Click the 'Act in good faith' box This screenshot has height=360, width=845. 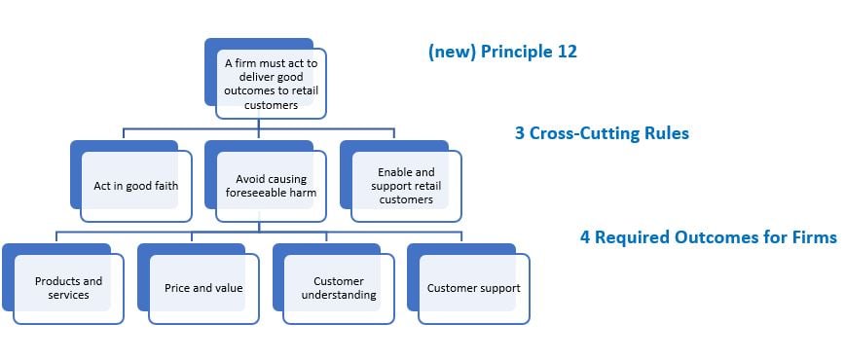pyautogui.click(x=136, y=186)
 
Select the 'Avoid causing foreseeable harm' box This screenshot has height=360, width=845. pyautogui.click(x=271, y=186)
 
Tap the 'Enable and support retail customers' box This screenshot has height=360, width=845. pyautogui.click(x=406, y=186)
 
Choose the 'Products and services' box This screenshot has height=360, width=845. pyautogui.click(x=68, y=288)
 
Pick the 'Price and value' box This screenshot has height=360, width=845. pyautogui.click(x=203, y=288)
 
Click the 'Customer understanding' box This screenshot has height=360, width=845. pyautogui.click(x=339, y=288)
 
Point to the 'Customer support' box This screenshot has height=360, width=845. pyautogui.click(x=474, y=288)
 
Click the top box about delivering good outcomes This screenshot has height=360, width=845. pyautogui.click(x=271, y=84)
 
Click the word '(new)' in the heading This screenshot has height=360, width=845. pyautogui.click(x=451, y=52)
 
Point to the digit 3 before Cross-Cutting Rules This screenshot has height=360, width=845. pyautogui.click(x=520, y=133)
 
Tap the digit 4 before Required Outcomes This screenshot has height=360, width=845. pyautogui.click(x=585, y=237)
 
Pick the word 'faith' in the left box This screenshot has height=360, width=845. pyautogui.click(x=165, y=186)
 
